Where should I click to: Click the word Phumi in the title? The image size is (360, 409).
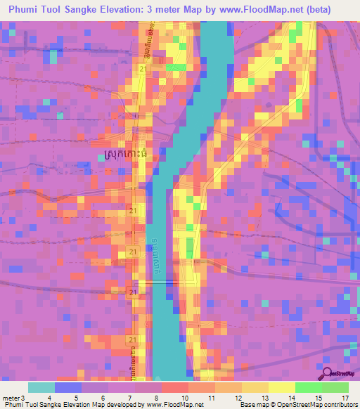[25, 8]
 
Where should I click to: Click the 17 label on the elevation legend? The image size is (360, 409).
[345, 397]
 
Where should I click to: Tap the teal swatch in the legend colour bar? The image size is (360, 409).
[41, 387]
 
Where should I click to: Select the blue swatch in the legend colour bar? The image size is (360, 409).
[68, 387]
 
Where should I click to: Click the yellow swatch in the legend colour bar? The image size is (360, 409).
[281, 387]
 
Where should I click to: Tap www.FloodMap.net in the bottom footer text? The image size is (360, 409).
[174, 405]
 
